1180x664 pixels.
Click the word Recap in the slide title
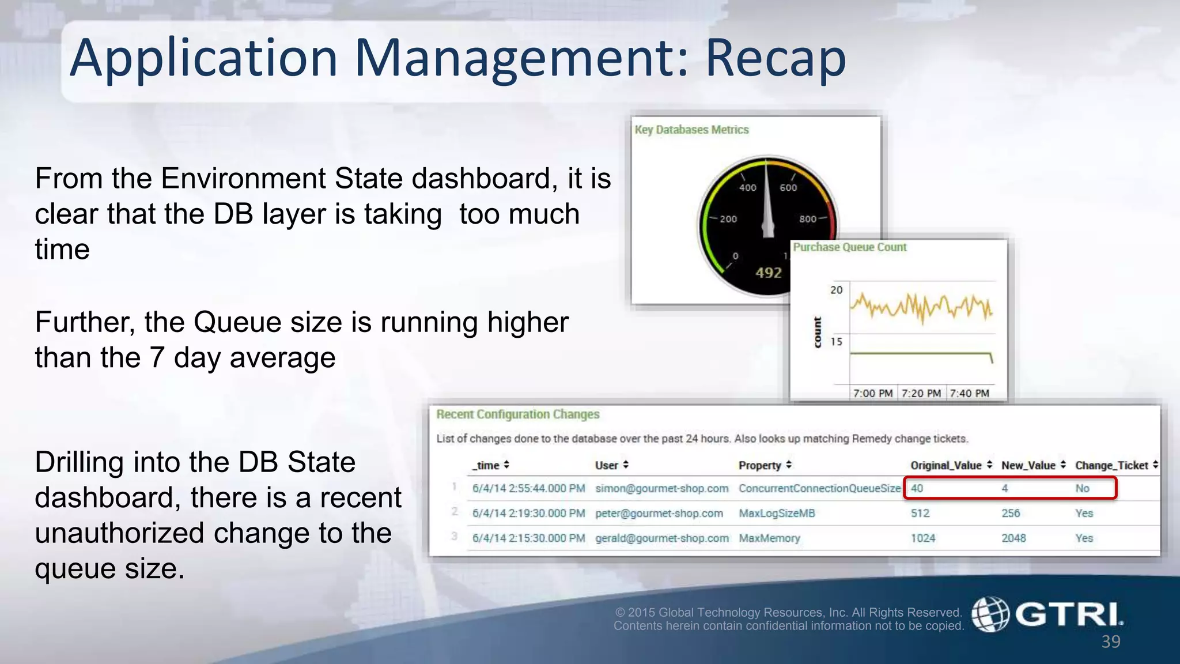pos(776,58)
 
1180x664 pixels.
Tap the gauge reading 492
pos(769,273)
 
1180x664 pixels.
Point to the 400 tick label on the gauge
pos(747,187)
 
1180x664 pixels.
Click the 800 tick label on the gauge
pos(807,219)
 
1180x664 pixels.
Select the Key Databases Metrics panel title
pos(691,130)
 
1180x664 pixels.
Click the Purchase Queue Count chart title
pos(849,247)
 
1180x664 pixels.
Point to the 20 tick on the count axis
pos(836,290)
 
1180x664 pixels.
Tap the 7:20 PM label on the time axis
pos(921,393)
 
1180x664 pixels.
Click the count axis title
pos(817,333)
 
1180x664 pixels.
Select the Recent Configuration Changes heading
pos(517,414)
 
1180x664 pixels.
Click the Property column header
pos(759,465)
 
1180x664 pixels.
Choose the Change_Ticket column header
pos(1111,465)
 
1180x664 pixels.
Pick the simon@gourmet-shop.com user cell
pos(661,489)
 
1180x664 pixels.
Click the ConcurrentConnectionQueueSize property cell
pos(819,489)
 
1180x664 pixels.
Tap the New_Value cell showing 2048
pos(1013,538)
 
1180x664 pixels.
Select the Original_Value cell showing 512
pos(920,514)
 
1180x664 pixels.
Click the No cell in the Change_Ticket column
pos(1082,489)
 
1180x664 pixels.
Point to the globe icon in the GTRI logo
pos(990,614)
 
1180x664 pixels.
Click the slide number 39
pos(1110,642)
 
